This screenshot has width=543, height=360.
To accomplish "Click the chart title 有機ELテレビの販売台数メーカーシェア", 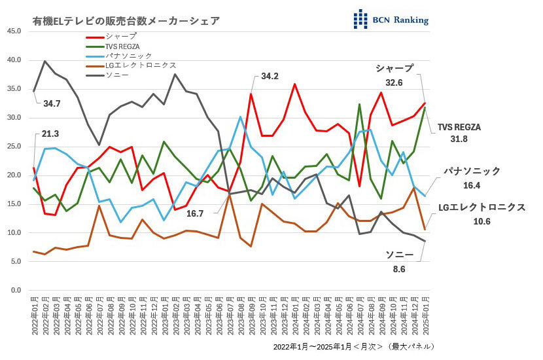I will click(x=126, y=21).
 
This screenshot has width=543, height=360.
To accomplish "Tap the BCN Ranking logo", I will click(x=391, y=19).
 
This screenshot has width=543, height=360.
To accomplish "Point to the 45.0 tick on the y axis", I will click(x=13, y=31).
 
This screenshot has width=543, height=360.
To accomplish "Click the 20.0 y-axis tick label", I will click(x=13, y=175).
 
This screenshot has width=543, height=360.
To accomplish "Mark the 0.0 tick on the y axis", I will click(x=15, y=290).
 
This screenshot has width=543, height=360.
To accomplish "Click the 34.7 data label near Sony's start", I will click(x=52, y=103).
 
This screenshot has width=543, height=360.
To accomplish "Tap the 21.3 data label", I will click(x=50, y=134).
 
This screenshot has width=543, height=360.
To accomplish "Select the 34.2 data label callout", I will click(x=270, y=76).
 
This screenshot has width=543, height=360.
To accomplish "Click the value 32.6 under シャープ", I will click(x=394, y=83).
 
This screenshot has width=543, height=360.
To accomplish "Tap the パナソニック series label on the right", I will click(x=472, y=171).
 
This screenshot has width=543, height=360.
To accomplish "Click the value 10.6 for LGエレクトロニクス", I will click(x=482, y=221).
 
